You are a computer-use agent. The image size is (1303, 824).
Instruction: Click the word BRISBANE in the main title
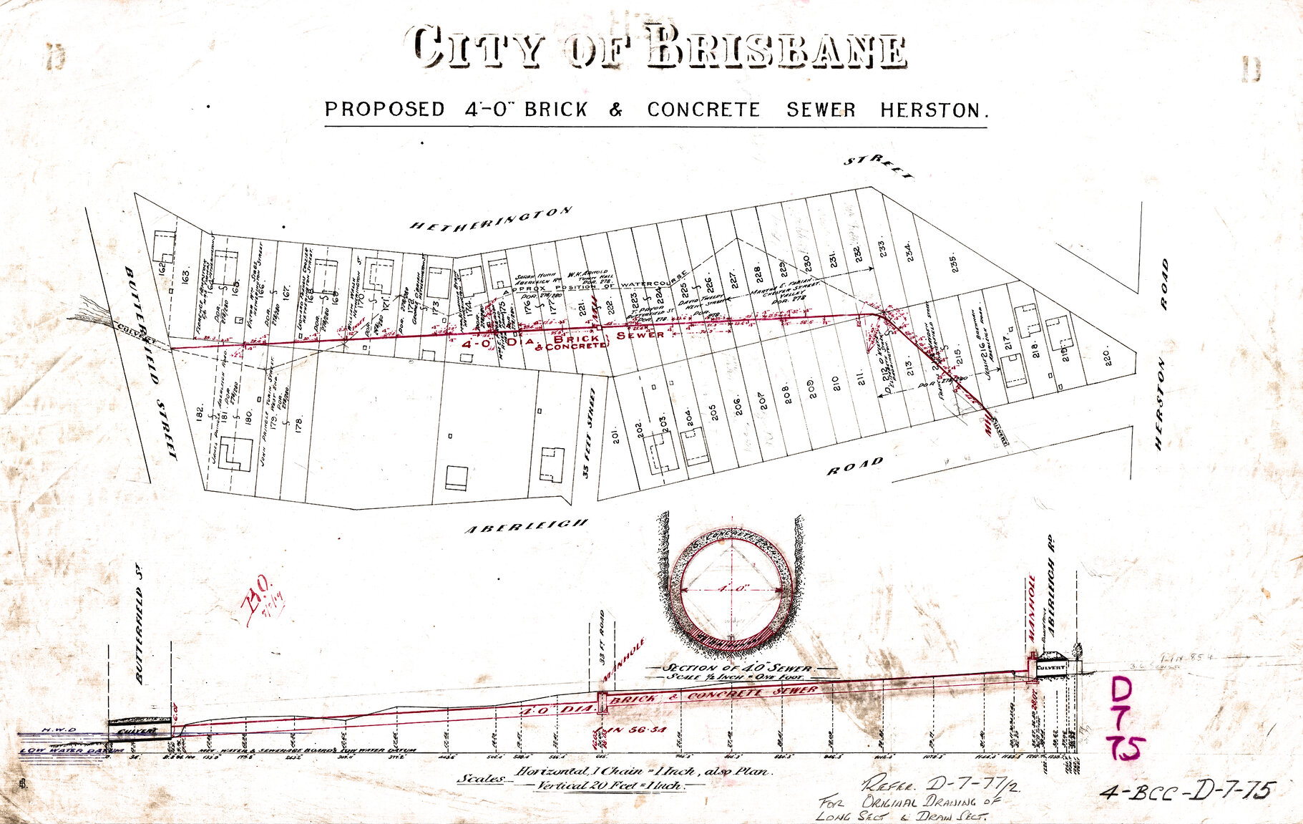click(x=776, y=49)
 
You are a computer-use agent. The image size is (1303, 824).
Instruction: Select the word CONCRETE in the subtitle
click(x=703, y=110)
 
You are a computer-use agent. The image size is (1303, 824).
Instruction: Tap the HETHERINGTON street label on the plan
click(x=491, y=219)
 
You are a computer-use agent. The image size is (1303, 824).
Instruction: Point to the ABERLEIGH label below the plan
click(x=527, y=526)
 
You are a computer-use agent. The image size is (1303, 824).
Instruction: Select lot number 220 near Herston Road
click(x=1107, y=357)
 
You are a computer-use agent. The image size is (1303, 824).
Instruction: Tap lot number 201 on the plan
click(x=616, y=435)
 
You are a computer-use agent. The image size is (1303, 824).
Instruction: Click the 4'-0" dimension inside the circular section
click(x=731, y=588)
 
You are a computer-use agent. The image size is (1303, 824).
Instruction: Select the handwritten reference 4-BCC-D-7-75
click(x=1186, y=790)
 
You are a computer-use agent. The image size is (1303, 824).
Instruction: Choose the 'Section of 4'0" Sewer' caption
click(x=737, y=667)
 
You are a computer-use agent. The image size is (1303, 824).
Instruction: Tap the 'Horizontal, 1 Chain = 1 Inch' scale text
click(x=641, y=772)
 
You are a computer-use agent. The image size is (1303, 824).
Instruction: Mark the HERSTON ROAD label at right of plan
click(x=1161, y=354)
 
